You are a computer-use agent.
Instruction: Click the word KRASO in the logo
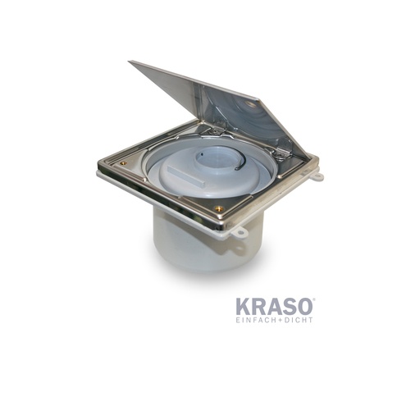[273, 307]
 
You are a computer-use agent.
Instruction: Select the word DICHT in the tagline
[298, 320]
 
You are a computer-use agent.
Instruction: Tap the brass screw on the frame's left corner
[123, 163]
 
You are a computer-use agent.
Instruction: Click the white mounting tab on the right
[317, 176]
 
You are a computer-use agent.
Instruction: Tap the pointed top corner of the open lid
[131, 62]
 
